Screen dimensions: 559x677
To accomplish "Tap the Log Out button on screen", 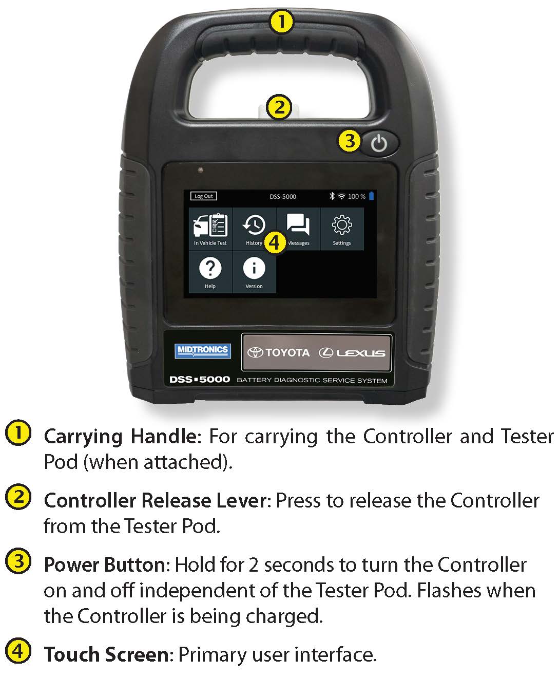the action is pyautogui.click(x=203, y=196).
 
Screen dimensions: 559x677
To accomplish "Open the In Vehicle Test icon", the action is pyautogui.click(x=210, y=224).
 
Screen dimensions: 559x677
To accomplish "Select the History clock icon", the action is pyautogui.click(x=254, y=224).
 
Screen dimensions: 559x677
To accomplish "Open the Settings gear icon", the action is pyautogui.click(x=342, y=224).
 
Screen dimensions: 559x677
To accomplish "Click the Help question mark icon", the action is pyautogui.click(x=210, y=268).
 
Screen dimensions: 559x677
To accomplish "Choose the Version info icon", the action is pyautogui.click(x=254, y=268).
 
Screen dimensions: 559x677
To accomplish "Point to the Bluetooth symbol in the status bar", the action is pyautogui.click(x=332, y=196).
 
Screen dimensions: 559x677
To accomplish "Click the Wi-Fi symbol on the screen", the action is pyautogui.click(x=341, y=196).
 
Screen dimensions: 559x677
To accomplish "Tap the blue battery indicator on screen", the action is pyautogui.click(x=371, y=196).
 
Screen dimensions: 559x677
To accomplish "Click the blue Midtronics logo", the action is pyautogui.click(x=203, y=351).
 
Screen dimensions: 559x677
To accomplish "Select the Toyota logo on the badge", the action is pyautogui.click(x=278, y=352).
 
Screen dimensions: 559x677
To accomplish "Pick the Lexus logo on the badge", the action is pyautogui.click(x=352, y=353).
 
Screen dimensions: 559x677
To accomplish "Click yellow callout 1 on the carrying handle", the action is pyautogui.click(x=281, y=22).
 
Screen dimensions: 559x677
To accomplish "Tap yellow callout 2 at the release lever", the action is pyautogui.click(x=279, y=107).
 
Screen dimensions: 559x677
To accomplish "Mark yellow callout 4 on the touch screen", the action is pyautogui.click(x=275, y=242).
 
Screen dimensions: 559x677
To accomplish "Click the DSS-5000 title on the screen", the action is pyautogui.click(x=283, y=197).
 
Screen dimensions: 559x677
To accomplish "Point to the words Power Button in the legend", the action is pyautogui.click(x=105, y=565).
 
